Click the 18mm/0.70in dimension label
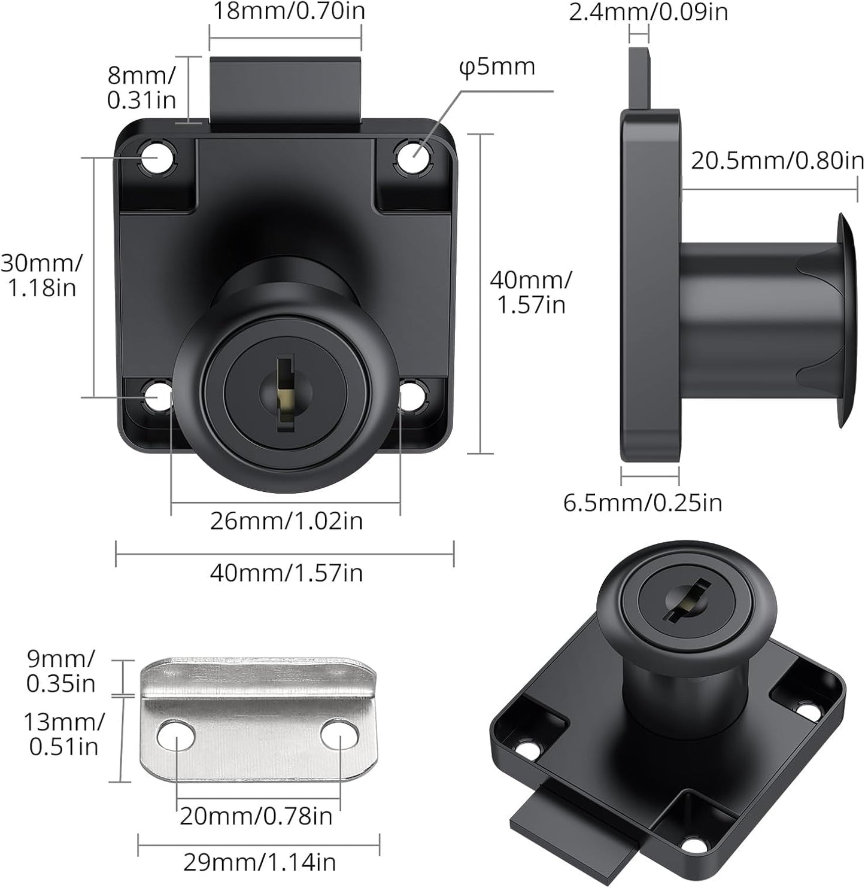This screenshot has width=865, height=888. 289,11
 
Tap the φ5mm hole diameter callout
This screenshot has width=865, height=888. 497,67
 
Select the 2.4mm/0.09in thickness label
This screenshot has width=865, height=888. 648,11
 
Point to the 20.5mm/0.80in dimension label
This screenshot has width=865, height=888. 777,160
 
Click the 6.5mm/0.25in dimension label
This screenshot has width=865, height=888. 643,503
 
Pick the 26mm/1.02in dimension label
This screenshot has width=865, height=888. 286,521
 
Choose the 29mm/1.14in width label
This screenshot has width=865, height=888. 259,862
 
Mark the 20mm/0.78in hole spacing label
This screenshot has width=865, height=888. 256,816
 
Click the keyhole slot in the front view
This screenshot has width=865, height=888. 287,392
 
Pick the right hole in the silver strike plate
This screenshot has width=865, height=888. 339,735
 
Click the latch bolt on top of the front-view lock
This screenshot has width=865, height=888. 286,90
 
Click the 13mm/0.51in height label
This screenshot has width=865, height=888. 63,734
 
